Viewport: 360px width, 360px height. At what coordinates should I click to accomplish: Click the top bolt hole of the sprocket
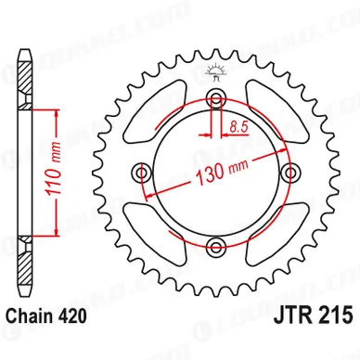[x=216, y=98]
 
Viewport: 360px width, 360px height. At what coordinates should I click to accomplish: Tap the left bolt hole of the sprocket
[x=142, y=172]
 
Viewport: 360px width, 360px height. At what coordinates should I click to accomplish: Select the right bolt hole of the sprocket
[x=289, y=172]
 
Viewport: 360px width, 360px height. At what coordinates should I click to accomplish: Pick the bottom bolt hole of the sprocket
[x=216, y=246]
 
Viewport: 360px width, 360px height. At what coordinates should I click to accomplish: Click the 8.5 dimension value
[x=238, y=127]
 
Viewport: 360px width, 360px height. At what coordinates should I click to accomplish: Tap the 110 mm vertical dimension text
[x=53, y=169]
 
